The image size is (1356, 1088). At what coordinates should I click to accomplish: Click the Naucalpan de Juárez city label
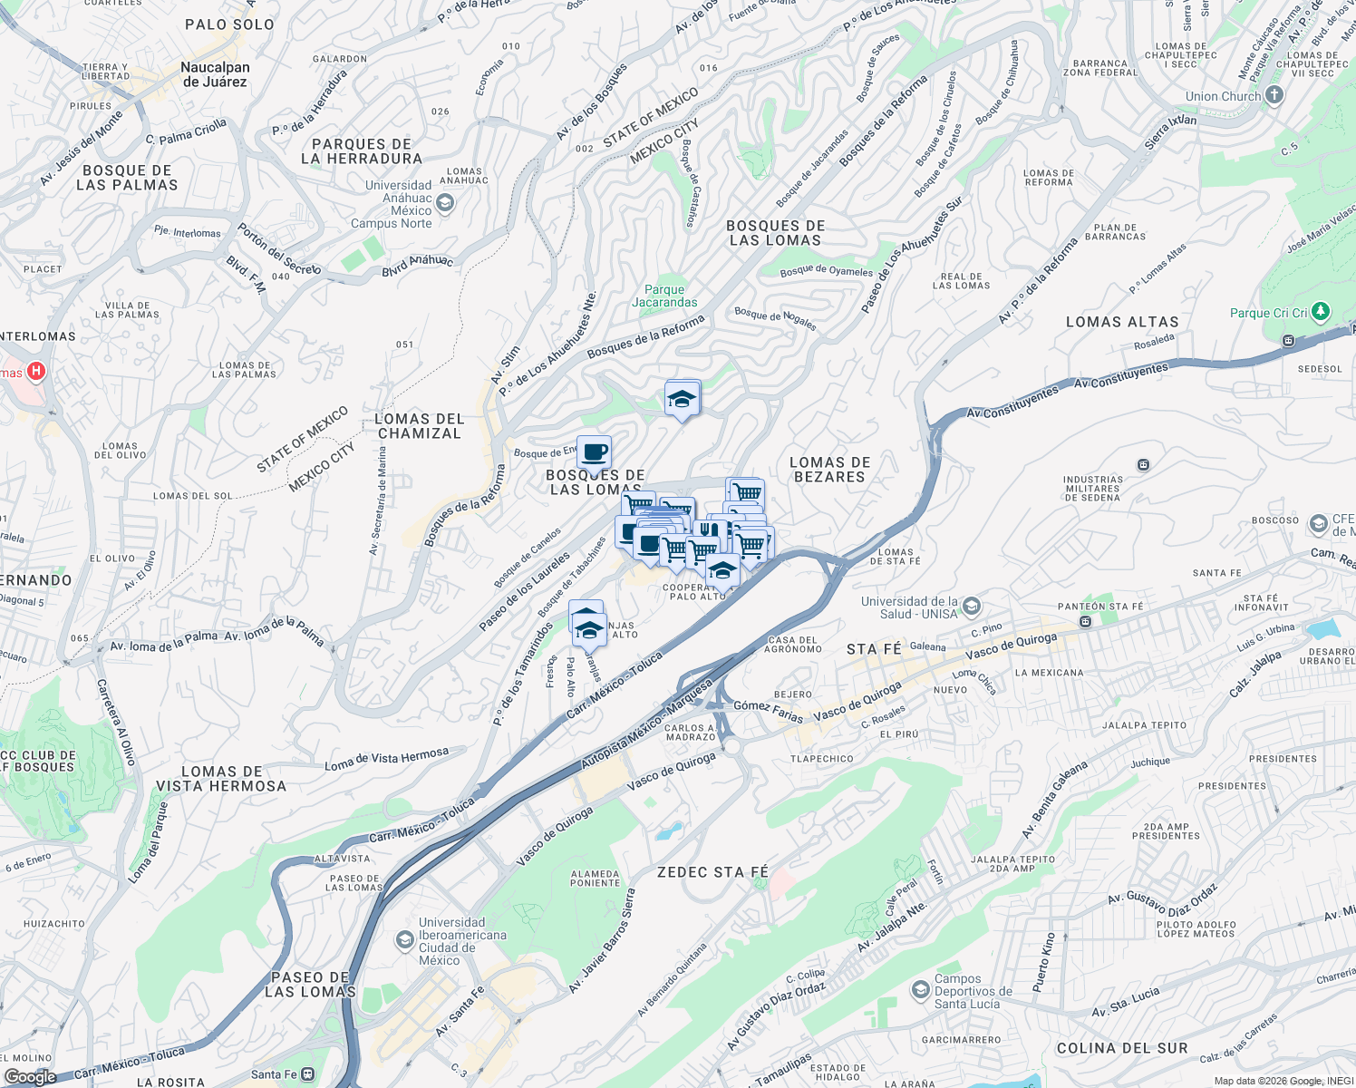tap(215, 74)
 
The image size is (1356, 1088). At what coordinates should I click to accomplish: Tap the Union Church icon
tap(1274, 95)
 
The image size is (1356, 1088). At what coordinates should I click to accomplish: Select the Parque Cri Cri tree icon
tap(1321, 312)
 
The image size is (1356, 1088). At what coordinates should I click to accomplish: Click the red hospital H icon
tap(36, 371)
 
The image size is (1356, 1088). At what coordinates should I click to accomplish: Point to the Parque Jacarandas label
tap(664, 296)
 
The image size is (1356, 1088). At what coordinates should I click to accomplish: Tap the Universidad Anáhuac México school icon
tap(444, 203)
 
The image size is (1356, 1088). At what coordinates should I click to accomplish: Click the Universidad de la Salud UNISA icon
tap(971, 606)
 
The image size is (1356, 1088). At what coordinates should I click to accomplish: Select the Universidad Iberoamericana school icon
tap(404, 940)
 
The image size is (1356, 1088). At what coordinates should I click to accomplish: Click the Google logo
tap(30, 1076)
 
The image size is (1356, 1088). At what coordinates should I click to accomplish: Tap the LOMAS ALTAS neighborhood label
tap(1122, 322)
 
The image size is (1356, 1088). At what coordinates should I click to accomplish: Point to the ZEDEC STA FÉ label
tap(712, 872)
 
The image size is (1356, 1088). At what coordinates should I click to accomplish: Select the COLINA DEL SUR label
tap(1121, 1048)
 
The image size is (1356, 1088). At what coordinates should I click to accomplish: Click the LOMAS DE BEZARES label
tap(829, 470)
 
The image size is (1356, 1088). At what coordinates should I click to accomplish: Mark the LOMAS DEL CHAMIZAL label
tap(419, 426)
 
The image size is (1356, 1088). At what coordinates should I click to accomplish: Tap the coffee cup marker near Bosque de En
tap(594, 452)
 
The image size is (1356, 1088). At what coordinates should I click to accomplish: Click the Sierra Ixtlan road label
tap(1169, 132)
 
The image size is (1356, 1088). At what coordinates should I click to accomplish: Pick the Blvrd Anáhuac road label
tap(417, 265)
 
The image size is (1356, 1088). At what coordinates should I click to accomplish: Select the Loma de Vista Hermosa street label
tap(386, 759)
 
